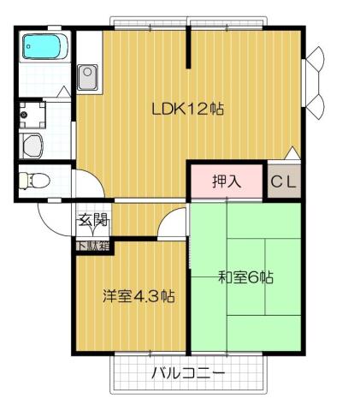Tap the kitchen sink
point(87,79)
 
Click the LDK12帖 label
point(187,110)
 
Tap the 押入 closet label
point(227,181)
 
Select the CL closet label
point(284,181)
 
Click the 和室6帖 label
point(245,277)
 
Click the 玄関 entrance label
point(93,220)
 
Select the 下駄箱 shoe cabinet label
point(92,247)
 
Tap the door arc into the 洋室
point(171,224)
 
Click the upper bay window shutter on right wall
point(315,60)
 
